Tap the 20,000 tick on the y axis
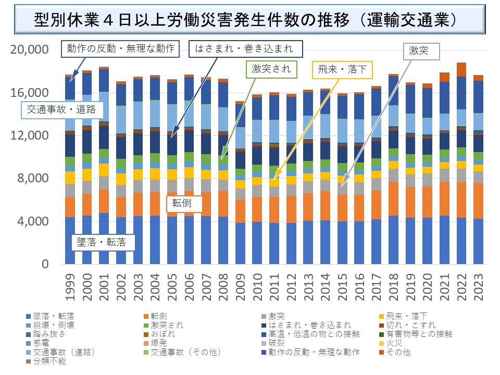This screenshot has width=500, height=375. point(30,49)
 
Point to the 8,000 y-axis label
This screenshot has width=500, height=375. point(32,178)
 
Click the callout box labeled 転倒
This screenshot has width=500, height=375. point(178,204)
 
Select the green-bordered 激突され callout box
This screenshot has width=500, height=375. point(271,69)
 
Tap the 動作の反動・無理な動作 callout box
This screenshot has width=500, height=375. point(121,49)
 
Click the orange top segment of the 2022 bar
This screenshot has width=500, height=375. point(461,69)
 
